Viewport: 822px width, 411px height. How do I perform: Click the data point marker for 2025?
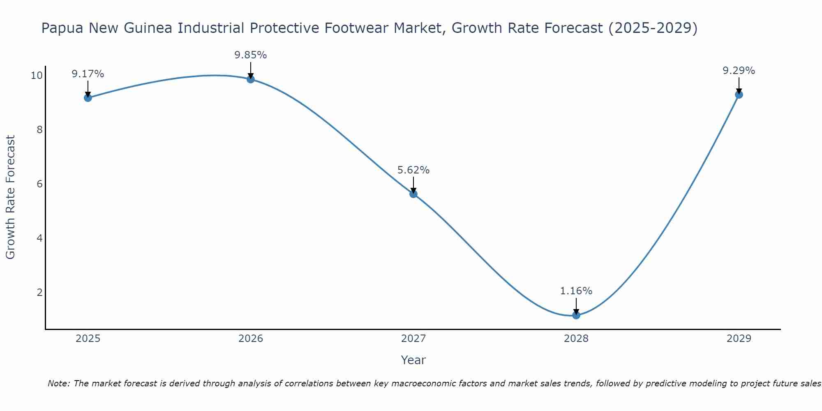[88, 98]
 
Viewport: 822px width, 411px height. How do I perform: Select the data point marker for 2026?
[251, 79]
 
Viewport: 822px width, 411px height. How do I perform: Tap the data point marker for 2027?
[413, 194]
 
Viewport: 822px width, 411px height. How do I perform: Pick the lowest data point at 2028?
[576, 315]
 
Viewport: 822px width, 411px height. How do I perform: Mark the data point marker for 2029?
[739, 95]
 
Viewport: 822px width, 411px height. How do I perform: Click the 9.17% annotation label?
[88, 74]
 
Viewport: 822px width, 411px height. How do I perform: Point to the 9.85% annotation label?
[251, 55]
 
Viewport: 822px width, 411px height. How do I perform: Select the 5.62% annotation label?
[413, 170]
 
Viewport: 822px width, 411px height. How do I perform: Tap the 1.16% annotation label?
[576, 291]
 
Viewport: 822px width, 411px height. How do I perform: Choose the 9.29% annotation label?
[739, 71]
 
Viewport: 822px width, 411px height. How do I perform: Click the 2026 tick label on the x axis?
[251, 339]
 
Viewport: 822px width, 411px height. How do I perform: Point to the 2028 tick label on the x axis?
[576, 339]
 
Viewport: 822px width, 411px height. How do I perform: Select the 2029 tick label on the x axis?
[739, 339]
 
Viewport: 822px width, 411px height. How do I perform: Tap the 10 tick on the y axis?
[37, 76]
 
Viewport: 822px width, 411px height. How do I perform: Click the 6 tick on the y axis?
[40, 184]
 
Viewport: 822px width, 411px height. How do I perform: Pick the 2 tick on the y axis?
[40, 293]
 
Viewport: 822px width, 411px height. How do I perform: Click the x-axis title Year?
[413, 360]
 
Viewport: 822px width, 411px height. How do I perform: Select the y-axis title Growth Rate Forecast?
[11, 197]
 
